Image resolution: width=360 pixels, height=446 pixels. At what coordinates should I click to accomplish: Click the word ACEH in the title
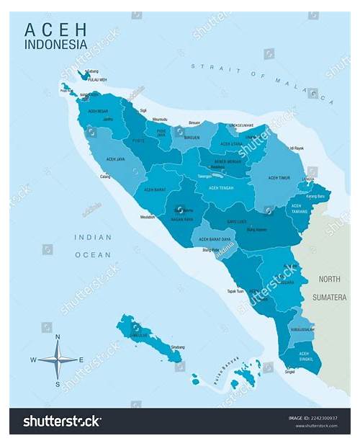[x=56, y=30]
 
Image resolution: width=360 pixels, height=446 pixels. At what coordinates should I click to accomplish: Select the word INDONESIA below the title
[x=56, y=44]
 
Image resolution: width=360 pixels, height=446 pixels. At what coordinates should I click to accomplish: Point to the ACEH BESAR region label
[x=98, y=111]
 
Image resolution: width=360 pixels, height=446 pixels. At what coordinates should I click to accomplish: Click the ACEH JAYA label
[x=116, y=159]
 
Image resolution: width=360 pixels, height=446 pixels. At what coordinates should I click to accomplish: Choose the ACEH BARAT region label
[x=155, y=189]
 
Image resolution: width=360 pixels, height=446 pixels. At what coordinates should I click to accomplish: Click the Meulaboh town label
[x=148, y=216]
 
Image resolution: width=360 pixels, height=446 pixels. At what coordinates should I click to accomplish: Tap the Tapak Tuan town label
[x=236, y=292]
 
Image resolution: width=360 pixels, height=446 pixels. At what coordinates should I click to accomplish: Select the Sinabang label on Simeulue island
[x=176, y=347]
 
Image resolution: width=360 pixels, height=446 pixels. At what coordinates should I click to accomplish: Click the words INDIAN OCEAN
[x=93, y=246]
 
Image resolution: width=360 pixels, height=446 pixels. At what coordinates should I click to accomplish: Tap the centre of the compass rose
[x=58, y=359]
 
